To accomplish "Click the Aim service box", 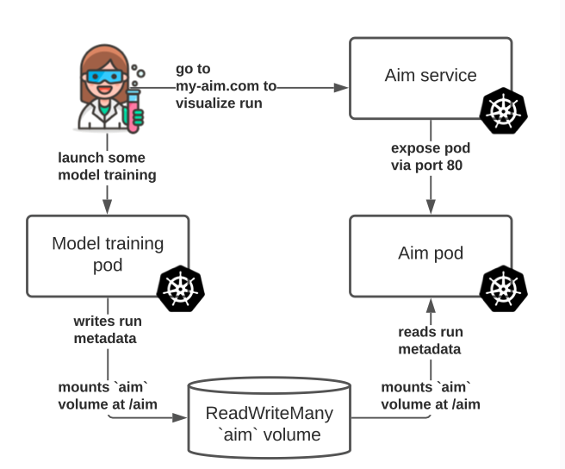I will click(430, 78).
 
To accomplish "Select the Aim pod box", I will click(430, 255).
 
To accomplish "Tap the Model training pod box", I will click(108, 255).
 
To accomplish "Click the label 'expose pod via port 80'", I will click(430, 157).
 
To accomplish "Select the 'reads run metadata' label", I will click(430, 341).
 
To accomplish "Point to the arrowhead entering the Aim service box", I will click(342, 87).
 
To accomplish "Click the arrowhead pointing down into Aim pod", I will click(430, 209).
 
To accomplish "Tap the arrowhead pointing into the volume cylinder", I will click(183, 417).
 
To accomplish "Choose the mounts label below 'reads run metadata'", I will click(430, 395).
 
